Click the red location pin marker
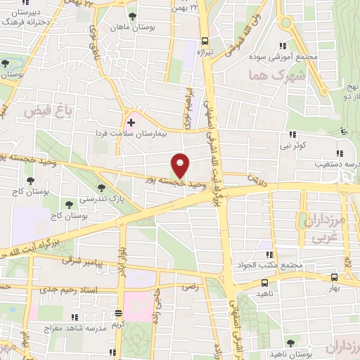(180, 165)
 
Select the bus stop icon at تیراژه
(205, 41)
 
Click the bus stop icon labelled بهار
(333, 278)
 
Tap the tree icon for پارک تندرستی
(102, 187)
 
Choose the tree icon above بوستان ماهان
(133, 16)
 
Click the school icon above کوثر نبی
(291, 136)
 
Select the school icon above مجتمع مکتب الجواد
(267, 255)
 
